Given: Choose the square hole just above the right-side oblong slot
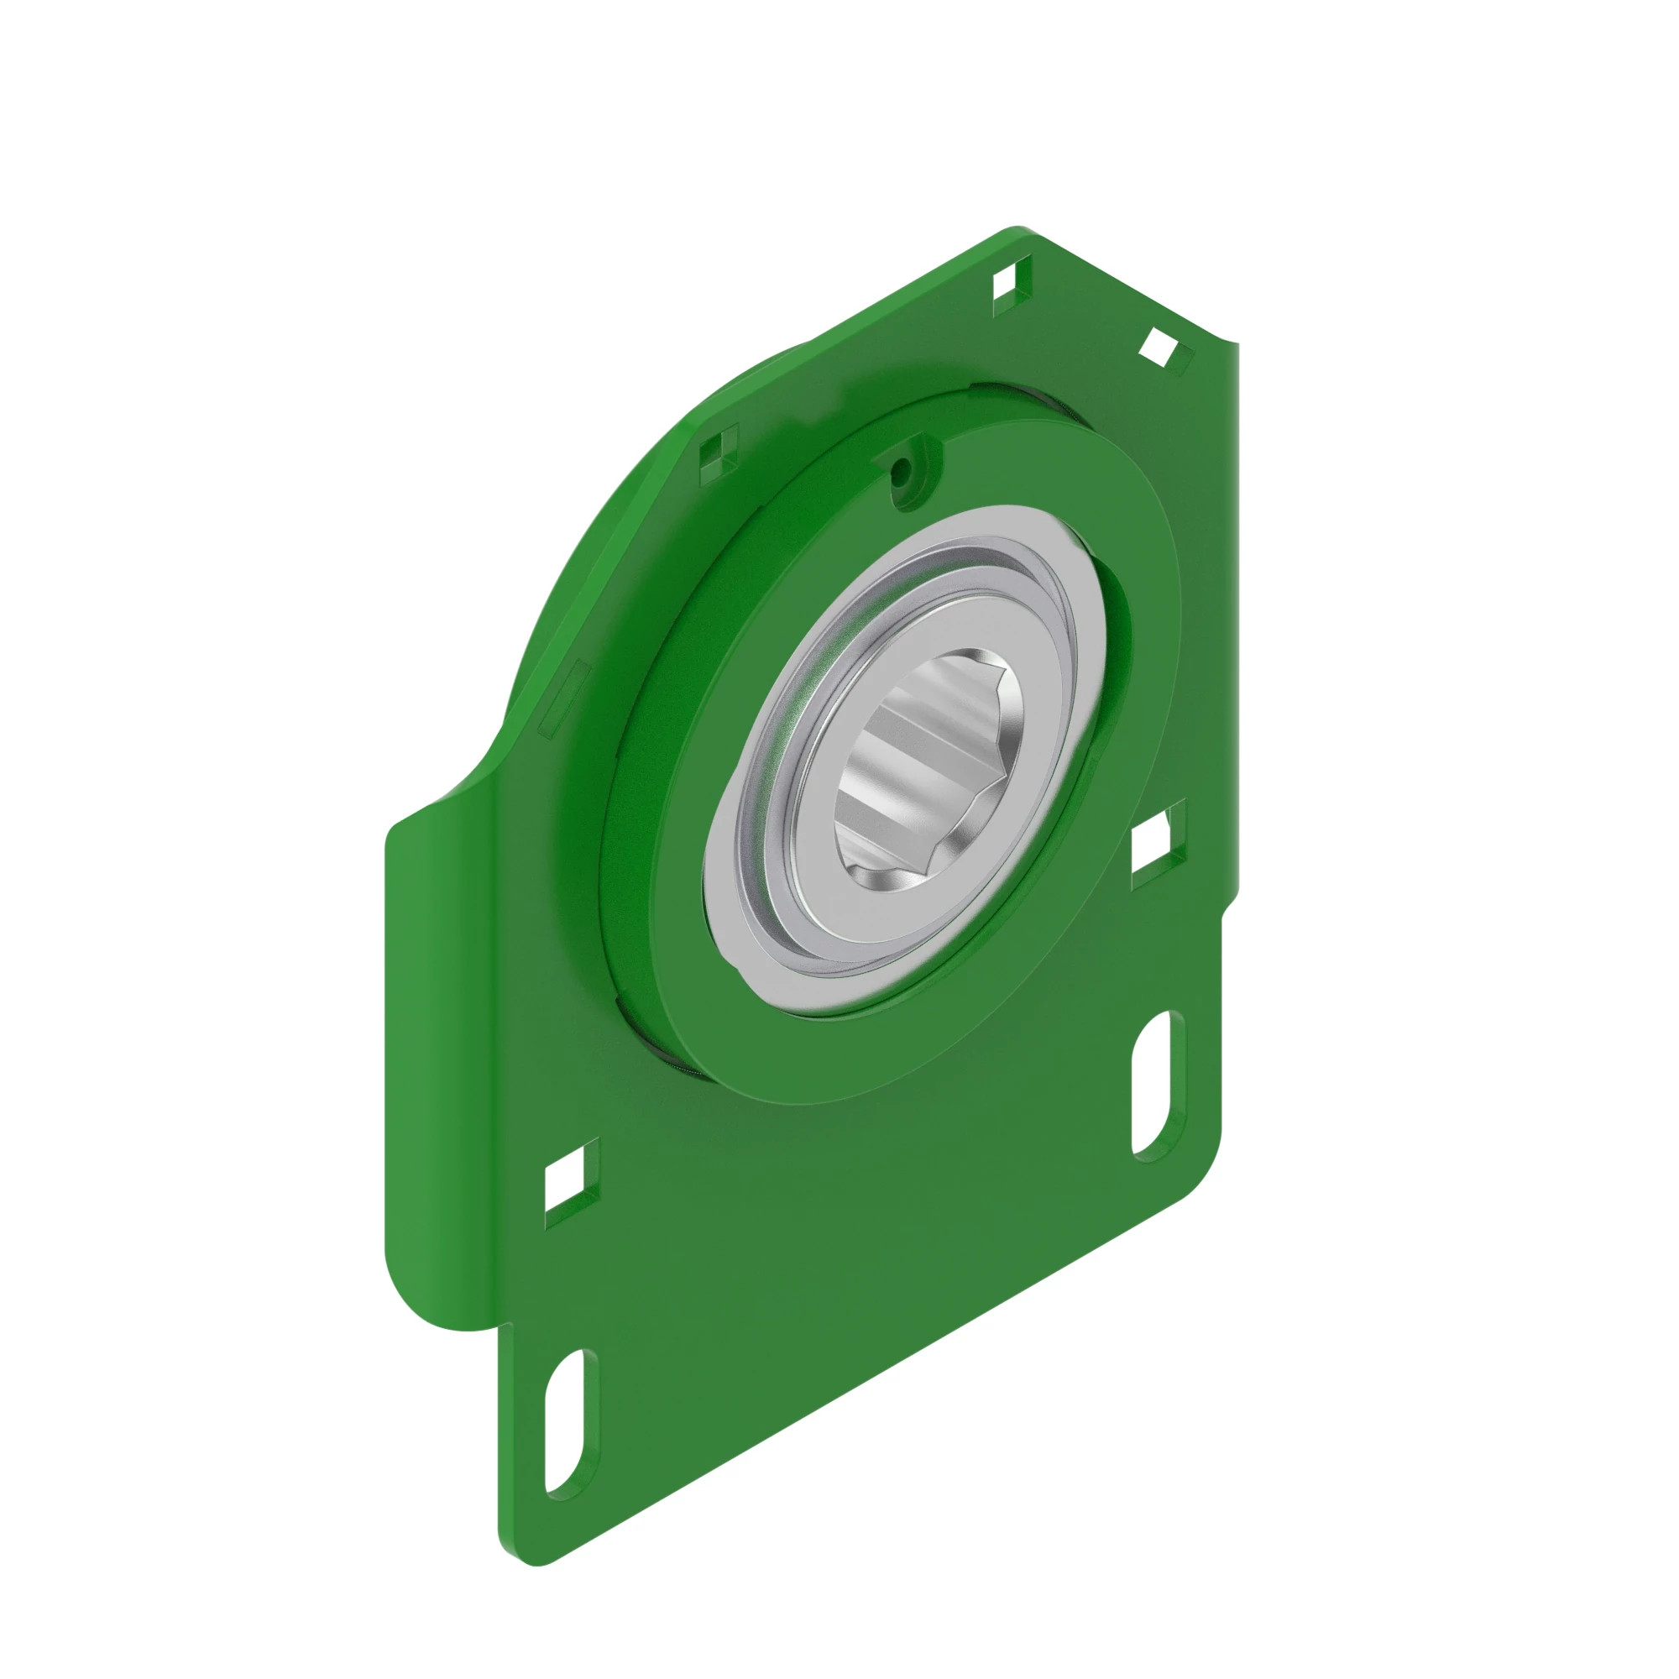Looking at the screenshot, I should [x=1155, y=845].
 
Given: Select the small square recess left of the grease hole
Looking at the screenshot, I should [x=717, y=451].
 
